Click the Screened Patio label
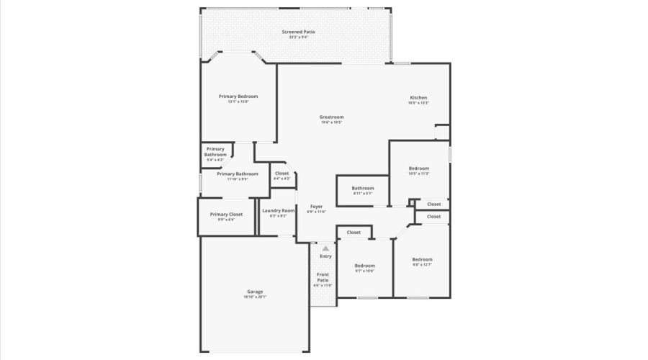[298, 32]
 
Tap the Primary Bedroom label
[238, 96]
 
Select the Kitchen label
[418, 98]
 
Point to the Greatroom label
[331, 117]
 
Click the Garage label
[255, 292]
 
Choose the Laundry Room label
[278, 211]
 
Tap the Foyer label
[316, 207]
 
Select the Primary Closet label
[226, 215]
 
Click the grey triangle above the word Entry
[325, 248]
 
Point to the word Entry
[325, 256]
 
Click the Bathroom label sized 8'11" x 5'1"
[363, 189]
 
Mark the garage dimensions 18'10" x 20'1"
[255, 297]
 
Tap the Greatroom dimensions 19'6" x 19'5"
[331, 123]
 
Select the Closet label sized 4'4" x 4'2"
[282, 174]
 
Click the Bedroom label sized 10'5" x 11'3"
[418, 168]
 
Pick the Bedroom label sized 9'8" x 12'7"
[422, 259]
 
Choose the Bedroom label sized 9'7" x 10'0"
[364, 266]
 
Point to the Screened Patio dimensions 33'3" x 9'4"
[298, 37]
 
